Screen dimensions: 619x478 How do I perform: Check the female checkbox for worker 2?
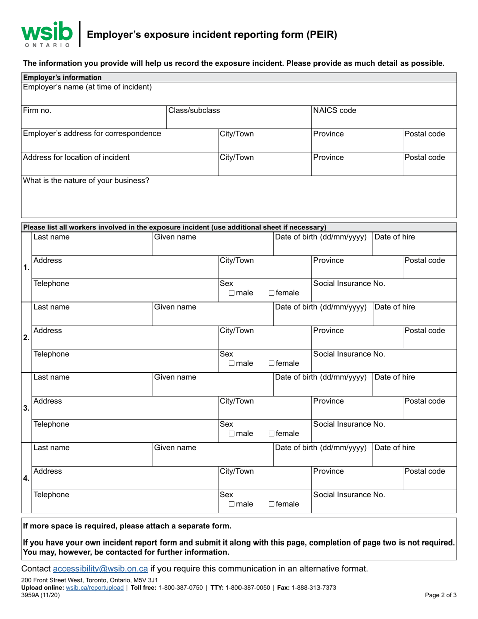(272, 364)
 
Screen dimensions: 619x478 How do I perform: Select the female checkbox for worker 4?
(272, 504)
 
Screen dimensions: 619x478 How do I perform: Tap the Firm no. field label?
(37, 111)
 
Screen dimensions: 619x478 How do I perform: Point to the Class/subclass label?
(194, 111)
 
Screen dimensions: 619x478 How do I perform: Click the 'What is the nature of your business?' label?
(86, 180)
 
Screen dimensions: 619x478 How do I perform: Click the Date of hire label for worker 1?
(395, 237)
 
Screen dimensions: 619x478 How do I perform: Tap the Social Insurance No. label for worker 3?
(349, 424)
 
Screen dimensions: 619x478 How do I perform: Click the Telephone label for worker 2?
(51, 354)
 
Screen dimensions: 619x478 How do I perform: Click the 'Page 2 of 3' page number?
(441, 595)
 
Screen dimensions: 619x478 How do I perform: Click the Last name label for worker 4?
(51, 447)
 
